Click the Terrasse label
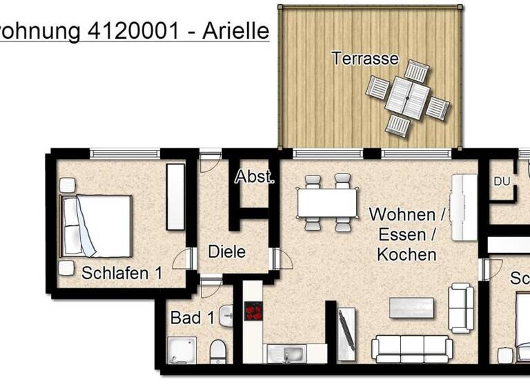(x=365, y=58)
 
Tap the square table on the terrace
(x=406, y=97)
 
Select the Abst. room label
(x=255, y=177)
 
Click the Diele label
(x=226, y=252)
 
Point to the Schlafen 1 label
(x=122, y=273)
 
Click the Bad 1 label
(x=193, y=319)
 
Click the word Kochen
(x=406, y=254)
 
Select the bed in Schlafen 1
(x=97, y=225)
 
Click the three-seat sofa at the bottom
(x=409, y=348)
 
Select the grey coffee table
(x=411, y=308)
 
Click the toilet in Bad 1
(x=217, y=350)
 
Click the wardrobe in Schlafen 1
(x=176, y=197)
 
